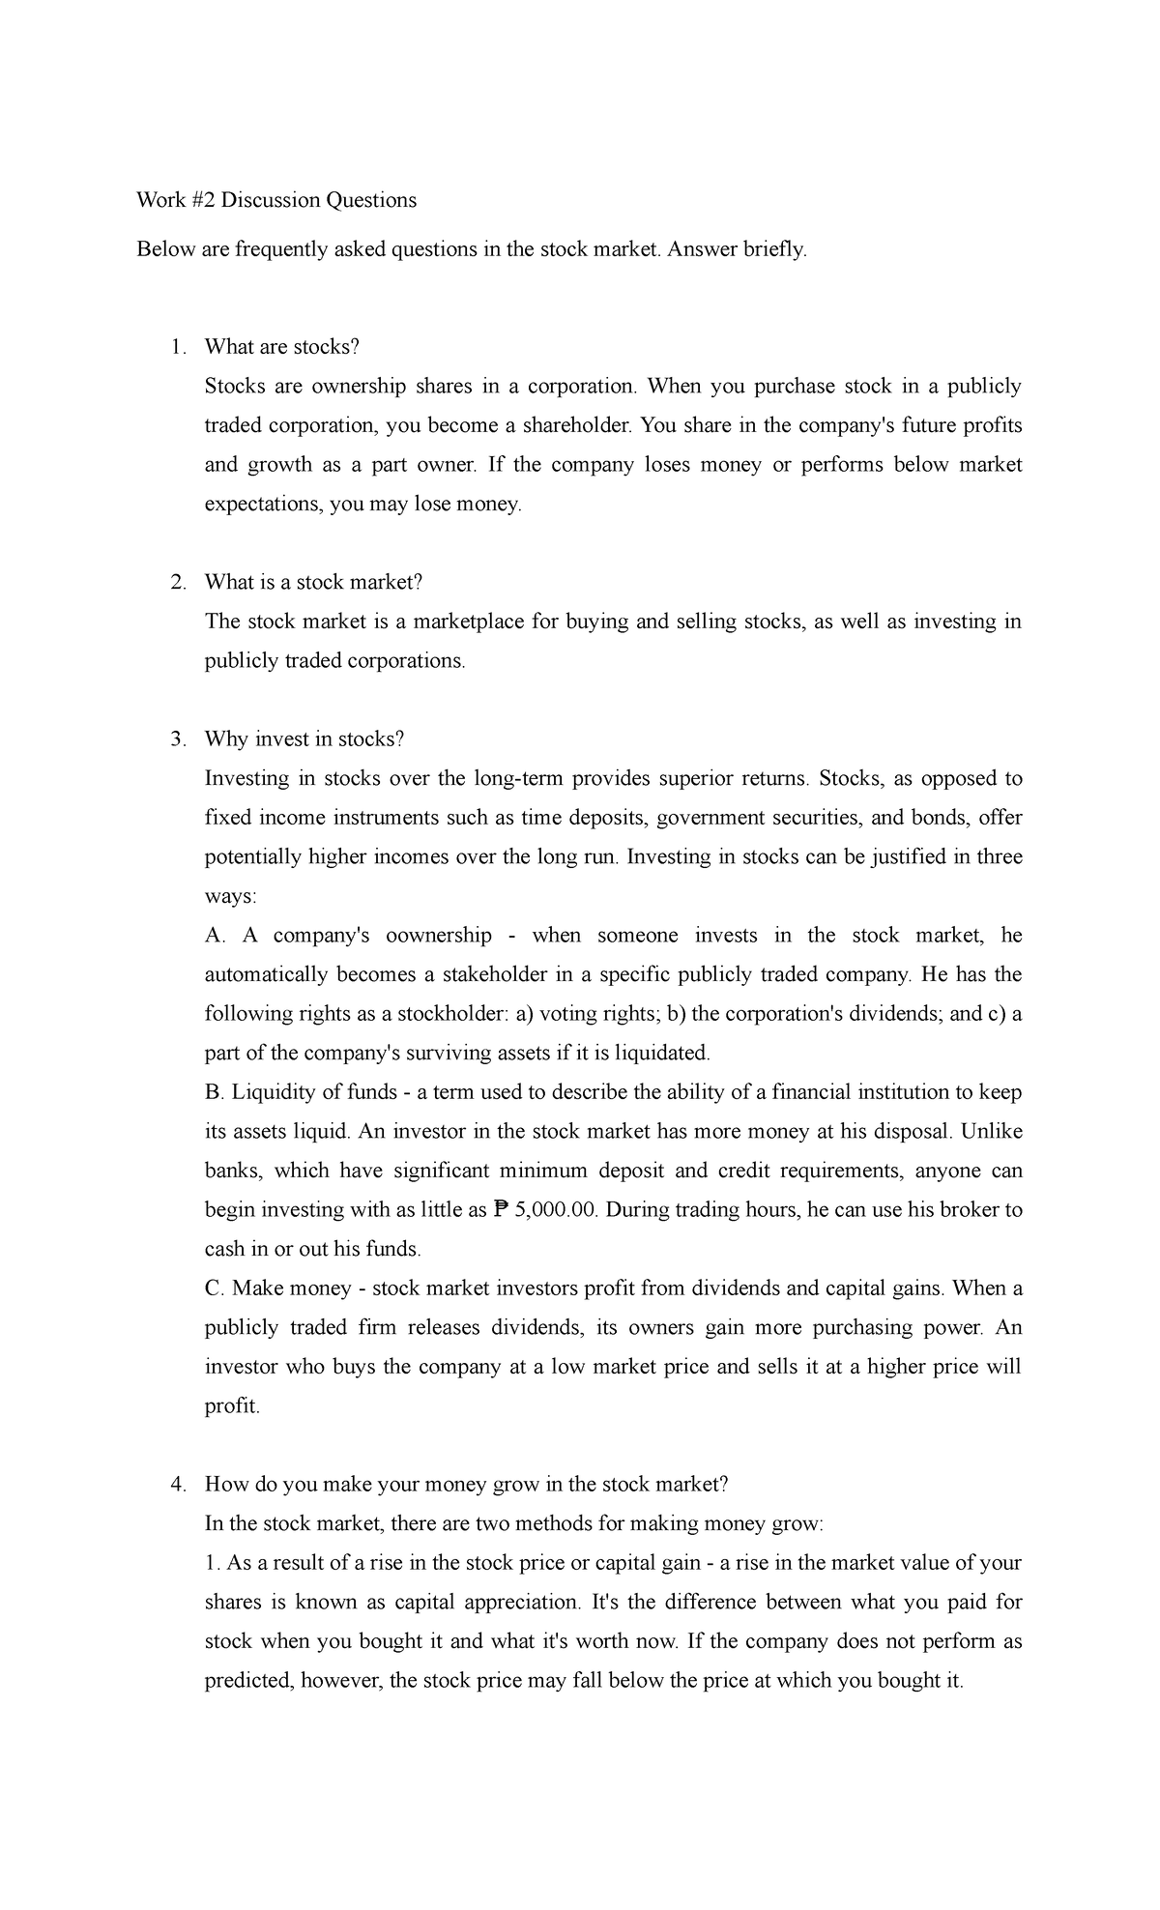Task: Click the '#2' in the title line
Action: (202, 200)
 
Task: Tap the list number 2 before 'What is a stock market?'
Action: (177, 582)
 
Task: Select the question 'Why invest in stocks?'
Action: (304, 738)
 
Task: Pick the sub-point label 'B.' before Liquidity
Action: (214, 1092)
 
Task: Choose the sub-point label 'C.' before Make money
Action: (215, 1288)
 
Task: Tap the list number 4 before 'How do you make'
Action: (177, 1485)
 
